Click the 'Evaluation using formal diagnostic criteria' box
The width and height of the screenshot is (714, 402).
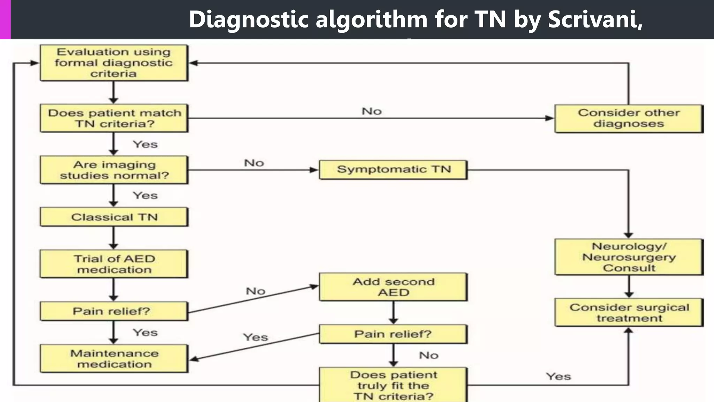[x=114, y=63]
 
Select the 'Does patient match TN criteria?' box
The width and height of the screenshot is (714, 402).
[x=114, y=118]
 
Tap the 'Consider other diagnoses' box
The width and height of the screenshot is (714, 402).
[x=629, y=118]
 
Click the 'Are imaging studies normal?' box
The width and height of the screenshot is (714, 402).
[x=114, y=170]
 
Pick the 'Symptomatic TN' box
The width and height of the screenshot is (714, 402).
[x=393, y=170]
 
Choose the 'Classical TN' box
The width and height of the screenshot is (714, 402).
[x=114, y=217]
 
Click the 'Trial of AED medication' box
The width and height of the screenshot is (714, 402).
[x=114, y=264]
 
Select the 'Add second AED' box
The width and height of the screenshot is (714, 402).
[x=393, y=287]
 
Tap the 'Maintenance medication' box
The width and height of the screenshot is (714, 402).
[x=114, y=358]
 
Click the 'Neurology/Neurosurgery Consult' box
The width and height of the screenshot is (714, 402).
[x=629, y=257]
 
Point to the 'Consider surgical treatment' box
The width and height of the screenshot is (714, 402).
[x=629, y=312]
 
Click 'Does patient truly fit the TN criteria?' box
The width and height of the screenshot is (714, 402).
[x=393, y=385]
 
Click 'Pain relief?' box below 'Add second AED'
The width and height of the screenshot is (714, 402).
[x=393, y=334]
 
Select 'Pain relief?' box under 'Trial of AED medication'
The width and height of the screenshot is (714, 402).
[x=114, y=311]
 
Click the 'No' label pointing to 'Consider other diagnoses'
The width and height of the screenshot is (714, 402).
[x=372, y=111]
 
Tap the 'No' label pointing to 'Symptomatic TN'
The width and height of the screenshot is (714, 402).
[x=254, y=163]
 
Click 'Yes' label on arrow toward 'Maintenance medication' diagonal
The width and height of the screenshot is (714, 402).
[x=256, y=337]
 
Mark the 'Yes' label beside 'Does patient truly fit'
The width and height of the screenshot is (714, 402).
[x=558, y=377]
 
